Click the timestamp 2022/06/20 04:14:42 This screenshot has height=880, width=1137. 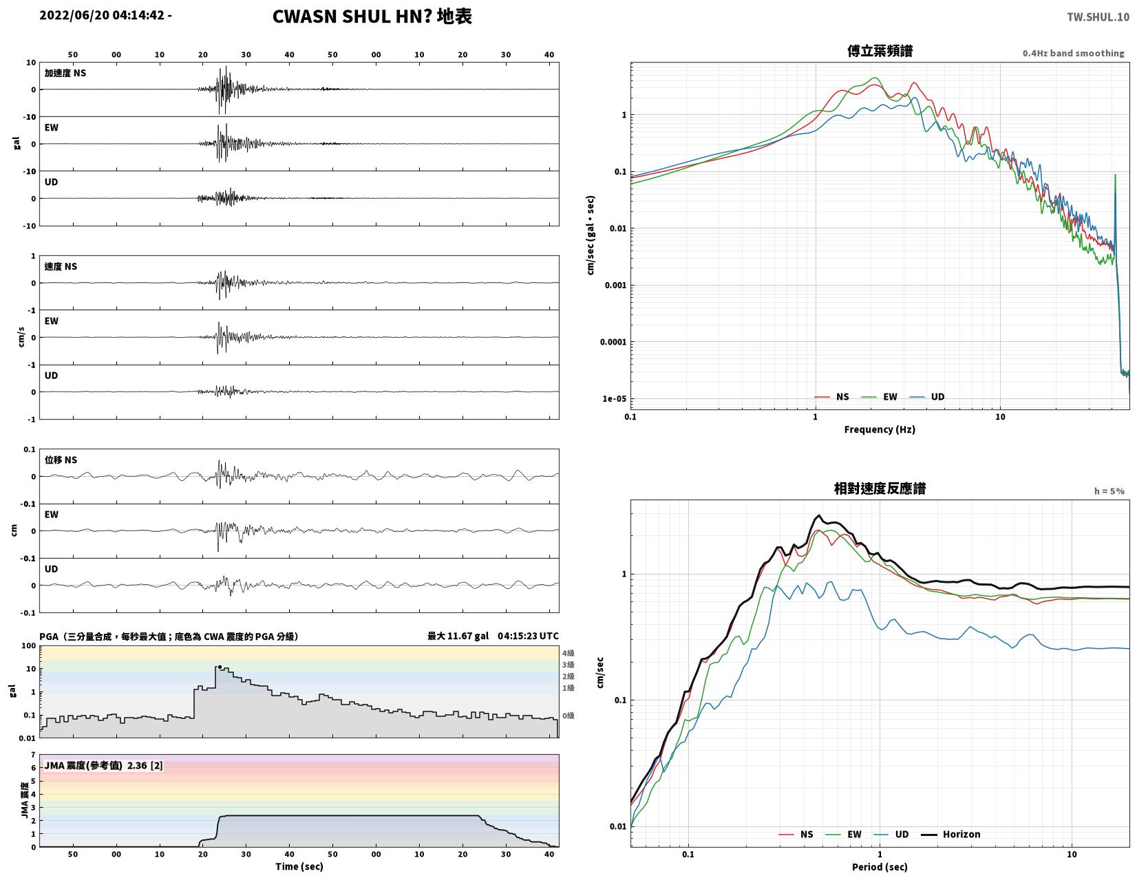click(101, 15)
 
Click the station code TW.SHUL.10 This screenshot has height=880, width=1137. click(1098, 17)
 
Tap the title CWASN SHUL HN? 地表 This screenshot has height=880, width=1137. click(372, 17)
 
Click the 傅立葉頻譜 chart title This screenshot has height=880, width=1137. click(880, 51)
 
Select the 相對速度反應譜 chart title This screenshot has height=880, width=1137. click(880, 489)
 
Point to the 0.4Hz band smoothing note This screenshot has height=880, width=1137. click(1073, 53)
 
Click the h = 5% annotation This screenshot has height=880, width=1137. click(1109, 491)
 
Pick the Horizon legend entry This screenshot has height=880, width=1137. click(950, 834)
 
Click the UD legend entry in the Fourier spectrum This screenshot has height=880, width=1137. click(926, 396)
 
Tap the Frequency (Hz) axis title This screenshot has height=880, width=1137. click(880, 429)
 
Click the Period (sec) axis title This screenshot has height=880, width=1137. click(880, 866)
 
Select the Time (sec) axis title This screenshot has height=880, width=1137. click(299, 866)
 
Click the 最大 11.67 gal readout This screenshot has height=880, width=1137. click(458, 636)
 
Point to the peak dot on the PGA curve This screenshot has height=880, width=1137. click(220, 667)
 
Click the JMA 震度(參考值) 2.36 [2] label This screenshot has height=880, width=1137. click(103, 766)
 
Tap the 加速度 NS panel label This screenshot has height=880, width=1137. click(65, 73)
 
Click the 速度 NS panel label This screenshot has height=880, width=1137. click(61, 267)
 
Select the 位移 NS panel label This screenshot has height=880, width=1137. click(61, 460)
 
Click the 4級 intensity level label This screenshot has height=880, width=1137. click(568, 653)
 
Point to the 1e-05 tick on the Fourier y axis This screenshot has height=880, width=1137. click(614, 398)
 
